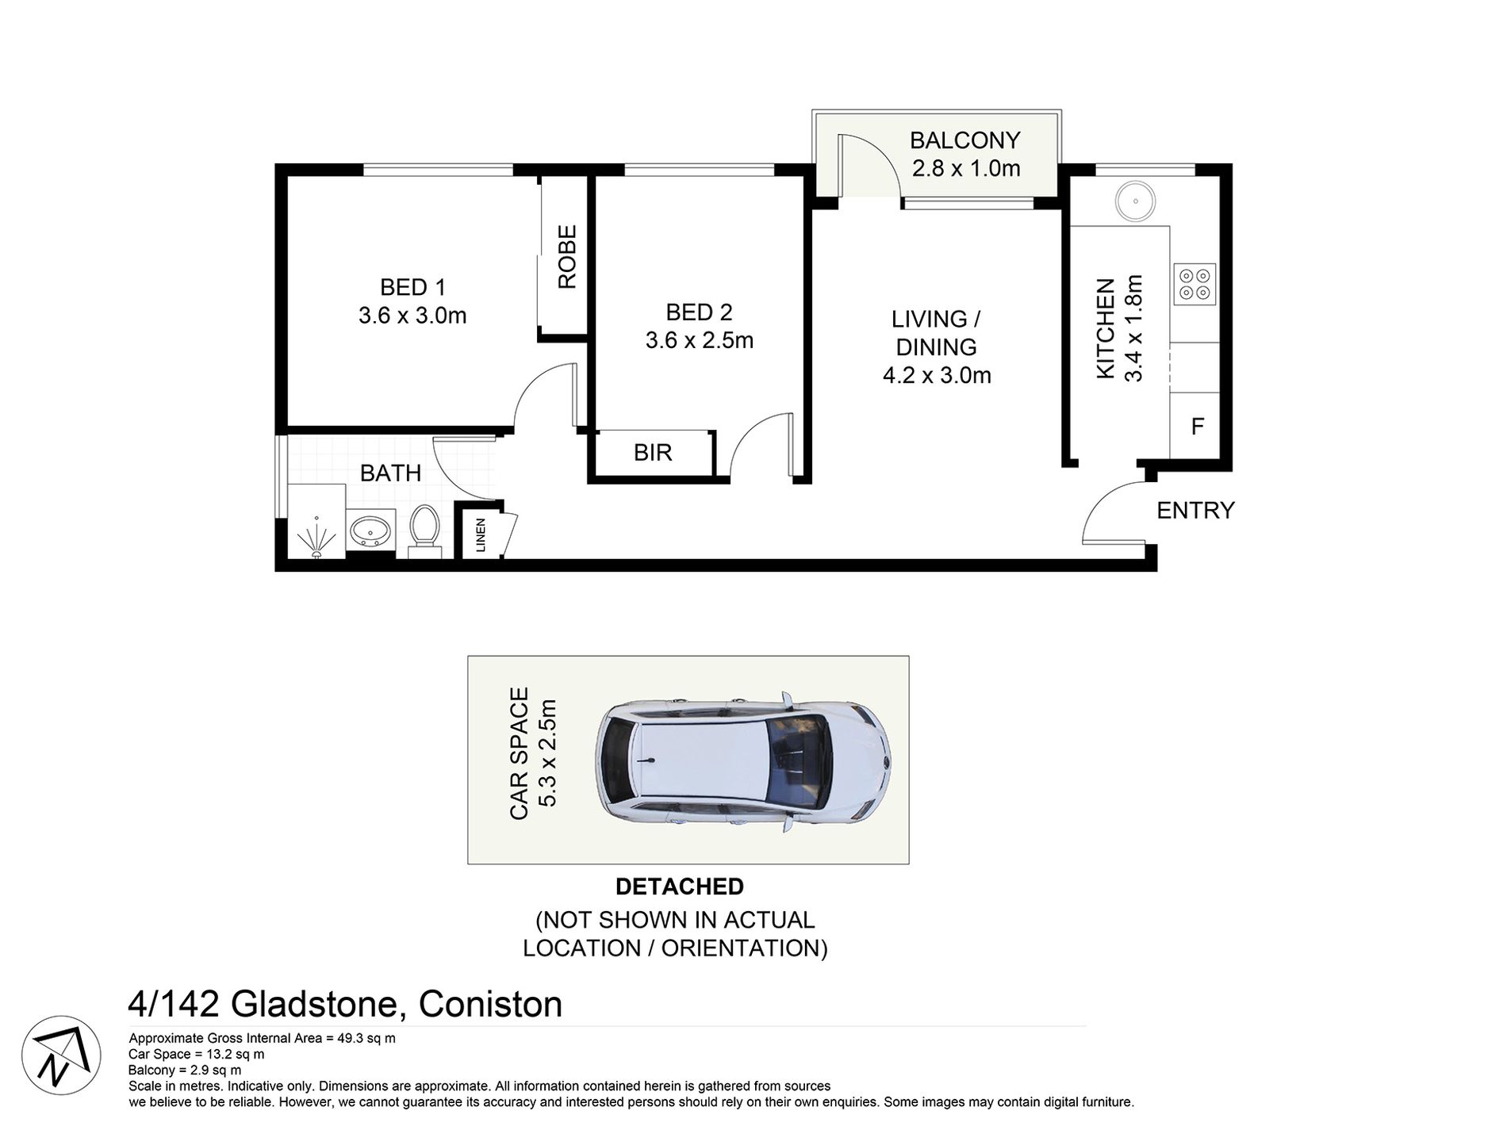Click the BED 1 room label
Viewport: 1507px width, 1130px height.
point(412,287)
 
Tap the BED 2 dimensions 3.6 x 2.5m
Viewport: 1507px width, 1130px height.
point(700,340)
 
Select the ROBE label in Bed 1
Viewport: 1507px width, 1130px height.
point(567,257)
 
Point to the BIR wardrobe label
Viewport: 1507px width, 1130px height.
point(653,452)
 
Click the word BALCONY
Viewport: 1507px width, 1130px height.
point(965,140)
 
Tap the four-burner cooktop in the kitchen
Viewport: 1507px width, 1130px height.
point(1194,284)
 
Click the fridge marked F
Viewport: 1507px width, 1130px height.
point(1197,426)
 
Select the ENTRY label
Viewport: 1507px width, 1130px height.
point(1195,510)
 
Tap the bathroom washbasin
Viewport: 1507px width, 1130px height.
point(369,531)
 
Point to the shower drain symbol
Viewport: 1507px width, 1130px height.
point(316,539)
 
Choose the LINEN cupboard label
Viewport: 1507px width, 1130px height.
point(480,534)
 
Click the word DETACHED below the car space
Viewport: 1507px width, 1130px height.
point(680,886)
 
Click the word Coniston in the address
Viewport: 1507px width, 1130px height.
point(490,1004)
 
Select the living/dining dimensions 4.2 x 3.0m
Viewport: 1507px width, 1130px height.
point(937,375)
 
